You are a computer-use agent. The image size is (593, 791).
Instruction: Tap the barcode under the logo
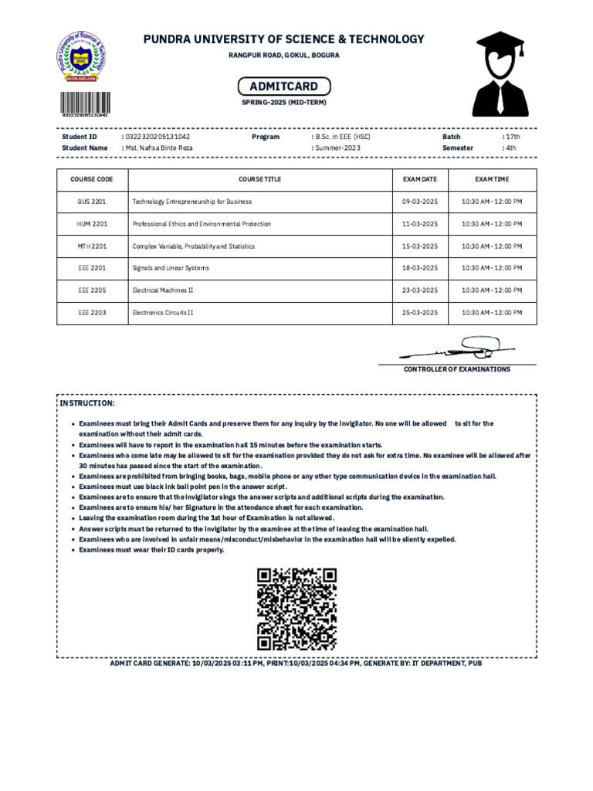coord(85,104)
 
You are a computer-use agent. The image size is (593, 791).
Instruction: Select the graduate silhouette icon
coord(500,74)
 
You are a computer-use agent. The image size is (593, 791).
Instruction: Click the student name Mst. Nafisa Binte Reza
coord(159,148)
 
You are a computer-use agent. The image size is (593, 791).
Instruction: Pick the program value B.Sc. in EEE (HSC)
coord(341,137)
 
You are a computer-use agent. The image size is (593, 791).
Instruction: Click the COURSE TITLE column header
coord(260,179)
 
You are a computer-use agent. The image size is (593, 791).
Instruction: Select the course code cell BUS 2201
coord(92,202)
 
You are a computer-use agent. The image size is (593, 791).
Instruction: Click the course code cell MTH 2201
coord(92,246)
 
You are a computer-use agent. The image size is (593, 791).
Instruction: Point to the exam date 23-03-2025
coord(420,290)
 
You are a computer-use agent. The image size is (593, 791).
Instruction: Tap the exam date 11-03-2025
coord(420,224)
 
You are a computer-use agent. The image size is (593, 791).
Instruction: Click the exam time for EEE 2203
coord(492,313)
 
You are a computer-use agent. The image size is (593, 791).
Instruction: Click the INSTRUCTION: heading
coord(88,404)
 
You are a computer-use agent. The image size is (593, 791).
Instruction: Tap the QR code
coord(296,609)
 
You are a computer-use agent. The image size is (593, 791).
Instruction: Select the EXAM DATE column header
coord(420,179)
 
